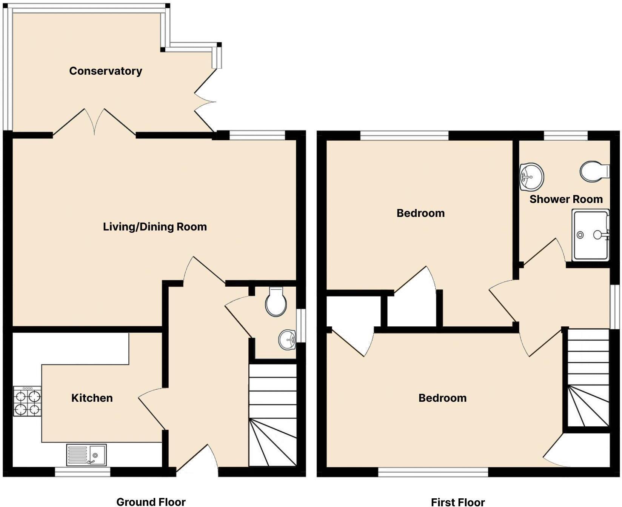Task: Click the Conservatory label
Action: coord(106,71)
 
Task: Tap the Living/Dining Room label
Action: coord(155,227)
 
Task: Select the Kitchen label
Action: coord(92,398)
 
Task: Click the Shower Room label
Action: coord(566,199)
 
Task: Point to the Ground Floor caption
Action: coord(151,501)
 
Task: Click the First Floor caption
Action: coord(458,501)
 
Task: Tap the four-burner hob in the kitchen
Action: coord(27,401)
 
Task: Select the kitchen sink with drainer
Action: coord(87,455)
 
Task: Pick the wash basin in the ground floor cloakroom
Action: coord(288,340)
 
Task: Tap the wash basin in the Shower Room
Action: coord(531,177)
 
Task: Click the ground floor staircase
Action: coord(273,415)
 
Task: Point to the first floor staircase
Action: coord(588,377)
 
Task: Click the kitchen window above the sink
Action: coord(83,472)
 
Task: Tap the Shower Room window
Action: coord(565,135)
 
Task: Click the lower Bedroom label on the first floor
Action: coord(442,398)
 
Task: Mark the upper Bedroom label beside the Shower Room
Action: coord(420,213)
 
